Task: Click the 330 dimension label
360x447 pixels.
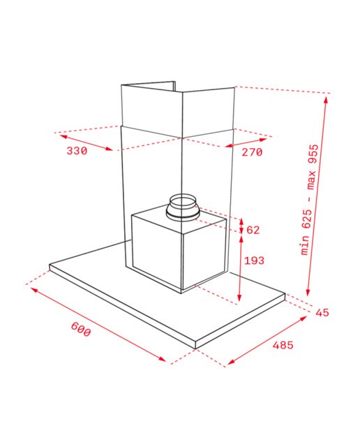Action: coord(77,151)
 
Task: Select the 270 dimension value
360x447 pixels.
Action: coord(252,152)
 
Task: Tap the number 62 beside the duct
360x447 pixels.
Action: coord(253,230)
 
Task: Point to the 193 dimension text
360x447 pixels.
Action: coord(255,261)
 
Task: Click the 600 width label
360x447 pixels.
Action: coord(81,329)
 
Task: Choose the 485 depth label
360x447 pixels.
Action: coord(283,345)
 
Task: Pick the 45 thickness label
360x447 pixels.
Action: coord(322,313)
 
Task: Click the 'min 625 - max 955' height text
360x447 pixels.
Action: coord(310,200)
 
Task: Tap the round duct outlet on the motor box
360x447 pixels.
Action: coord(183,207)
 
